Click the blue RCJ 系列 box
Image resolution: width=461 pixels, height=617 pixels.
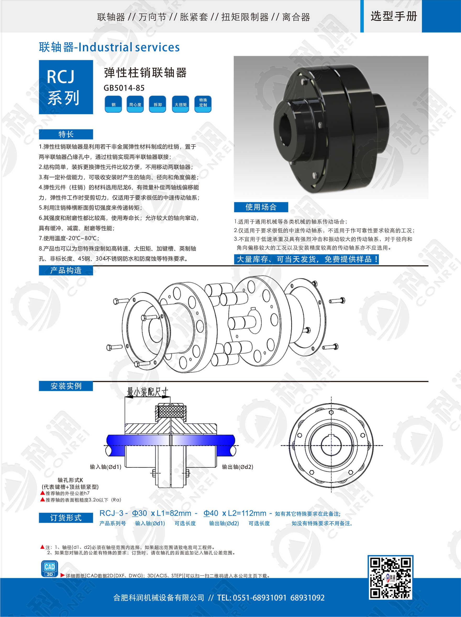(66, 87)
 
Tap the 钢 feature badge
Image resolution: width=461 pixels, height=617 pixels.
(113, 104)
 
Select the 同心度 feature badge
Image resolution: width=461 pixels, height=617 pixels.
(135, 104)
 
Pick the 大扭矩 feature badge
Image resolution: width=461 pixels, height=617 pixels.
(180, 104)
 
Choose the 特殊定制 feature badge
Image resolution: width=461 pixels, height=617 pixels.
(203, 104)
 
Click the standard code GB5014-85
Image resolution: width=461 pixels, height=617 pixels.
(124, 88)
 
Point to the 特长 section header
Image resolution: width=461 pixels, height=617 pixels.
(66, 134)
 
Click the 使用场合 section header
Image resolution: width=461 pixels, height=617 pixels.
(261, 207)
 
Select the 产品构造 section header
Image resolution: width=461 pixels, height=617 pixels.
(66, 270)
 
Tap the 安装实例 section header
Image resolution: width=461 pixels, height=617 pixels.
(66, 386)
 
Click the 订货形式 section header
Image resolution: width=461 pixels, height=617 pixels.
(66, 518)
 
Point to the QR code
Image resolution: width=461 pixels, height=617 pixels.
(390, 577)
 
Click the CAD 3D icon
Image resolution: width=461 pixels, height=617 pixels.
(50, 569)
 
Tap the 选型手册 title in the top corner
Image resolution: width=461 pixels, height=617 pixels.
(394, 16)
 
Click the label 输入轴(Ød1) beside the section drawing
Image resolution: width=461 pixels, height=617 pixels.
(106, 467)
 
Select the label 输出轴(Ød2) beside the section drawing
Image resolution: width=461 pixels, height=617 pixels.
(238, 467)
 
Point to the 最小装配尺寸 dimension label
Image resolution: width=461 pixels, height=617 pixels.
(148, 392)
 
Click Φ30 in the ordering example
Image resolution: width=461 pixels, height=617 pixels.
(140, 513)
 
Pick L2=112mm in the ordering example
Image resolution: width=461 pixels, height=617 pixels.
(247, 513)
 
